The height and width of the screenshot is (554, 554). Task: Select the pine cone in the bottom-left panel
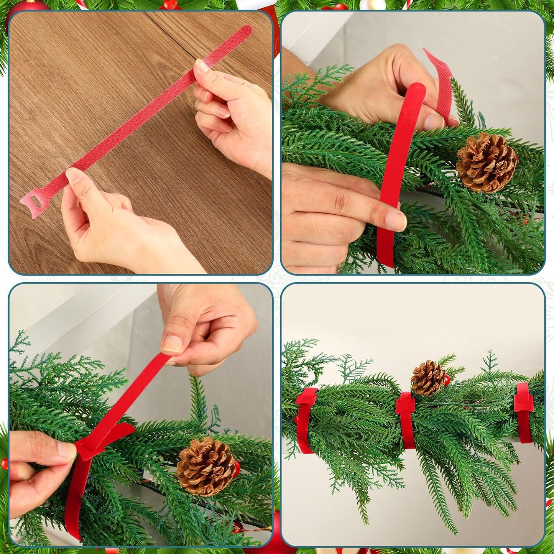point(206,467)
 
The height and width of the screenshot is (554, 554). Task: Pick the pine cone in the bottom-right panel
point(428,378)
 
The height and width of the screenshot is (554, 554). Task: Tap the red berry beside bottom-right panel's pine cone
point(447,381)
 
